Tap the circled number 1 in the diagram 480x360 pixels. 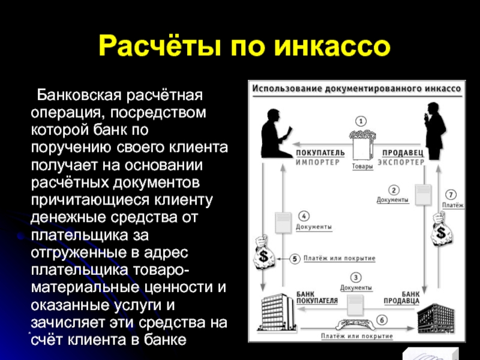pos(361,121)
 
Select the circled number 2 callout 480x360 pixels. pos(394,190)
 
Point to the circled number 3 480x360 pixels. pos(356,277)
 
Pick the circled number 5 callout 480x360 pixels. pos(295,259)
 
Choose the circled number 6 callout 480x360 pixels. pos(382,319)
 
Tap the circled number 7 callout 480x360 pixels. pos(452,194)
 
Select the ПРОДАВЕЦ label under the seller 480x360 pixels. pos(403,152)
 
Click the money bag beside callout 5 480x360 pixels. pos(263,253)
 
